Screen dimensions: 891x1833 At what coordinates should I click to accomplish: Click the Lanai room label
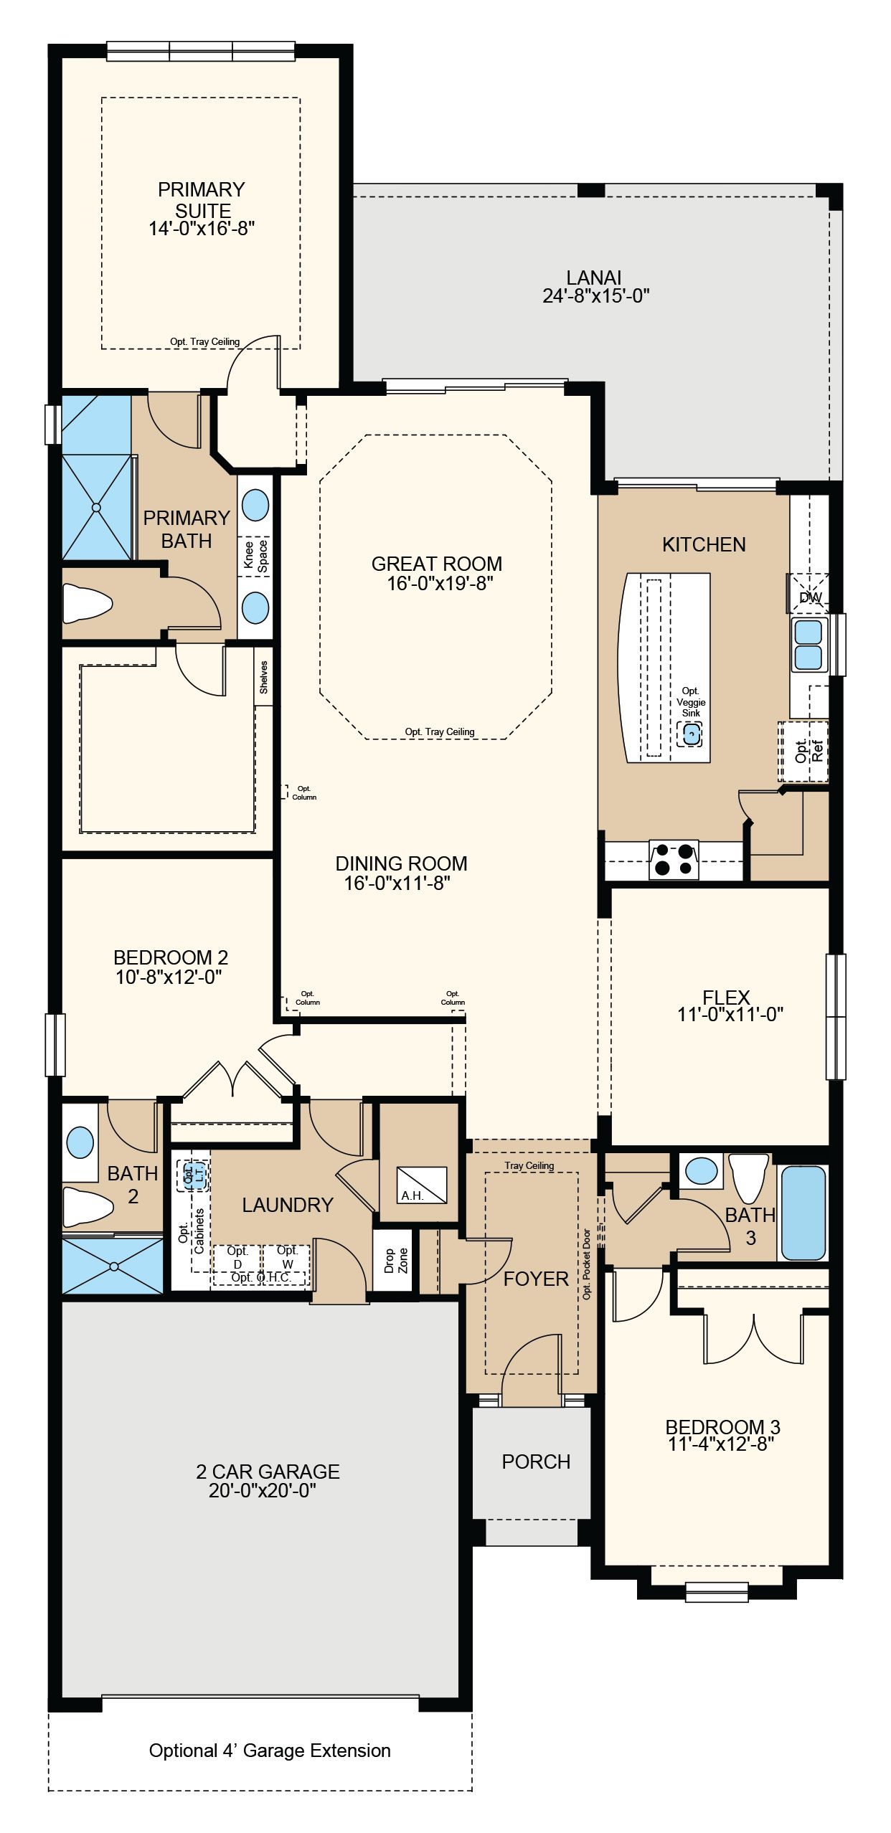[593, 278]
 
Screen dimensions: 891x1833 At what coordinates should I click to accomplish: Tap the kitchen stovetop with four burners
[674, 860]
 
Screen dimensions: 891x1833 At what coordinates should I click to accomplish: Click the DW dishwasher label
[811, 597]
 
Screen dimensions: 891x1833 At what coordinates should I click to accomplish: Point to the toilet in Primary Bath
[88, 602]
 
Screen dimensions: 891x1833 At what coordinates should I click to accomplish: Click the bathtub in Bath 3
[803, 1213]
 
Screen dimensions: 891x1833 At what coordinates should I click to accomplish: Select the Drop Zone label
[395, 1260]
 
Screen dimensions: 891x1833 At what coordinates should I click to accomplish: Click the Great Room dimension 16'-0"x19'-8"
[440, 584]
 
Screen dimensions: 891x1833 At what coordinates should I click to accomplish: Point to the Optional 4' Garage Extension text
[270, 1751]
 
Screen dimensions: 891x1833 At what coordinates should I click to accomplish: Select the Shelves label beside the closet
[263, 677]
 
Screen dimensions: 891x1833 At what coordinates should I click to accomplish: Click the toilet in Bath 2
[88, 1207]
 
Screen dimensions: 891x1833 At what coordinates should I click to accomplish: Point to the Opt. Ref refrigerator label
[808, 750]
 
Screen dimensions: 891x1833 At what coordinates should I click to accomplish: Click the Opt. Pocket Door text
[587, 1264]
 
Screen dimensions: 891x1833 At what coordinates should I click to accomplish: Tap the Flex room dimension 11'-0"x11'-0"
[730, 1014]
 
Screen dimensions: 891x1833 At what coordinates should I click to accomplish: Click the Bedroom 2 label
[171, 957]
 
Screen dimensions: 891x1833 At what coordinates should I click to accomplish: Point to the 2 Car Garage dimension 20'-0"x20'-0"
[263, 1490]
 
